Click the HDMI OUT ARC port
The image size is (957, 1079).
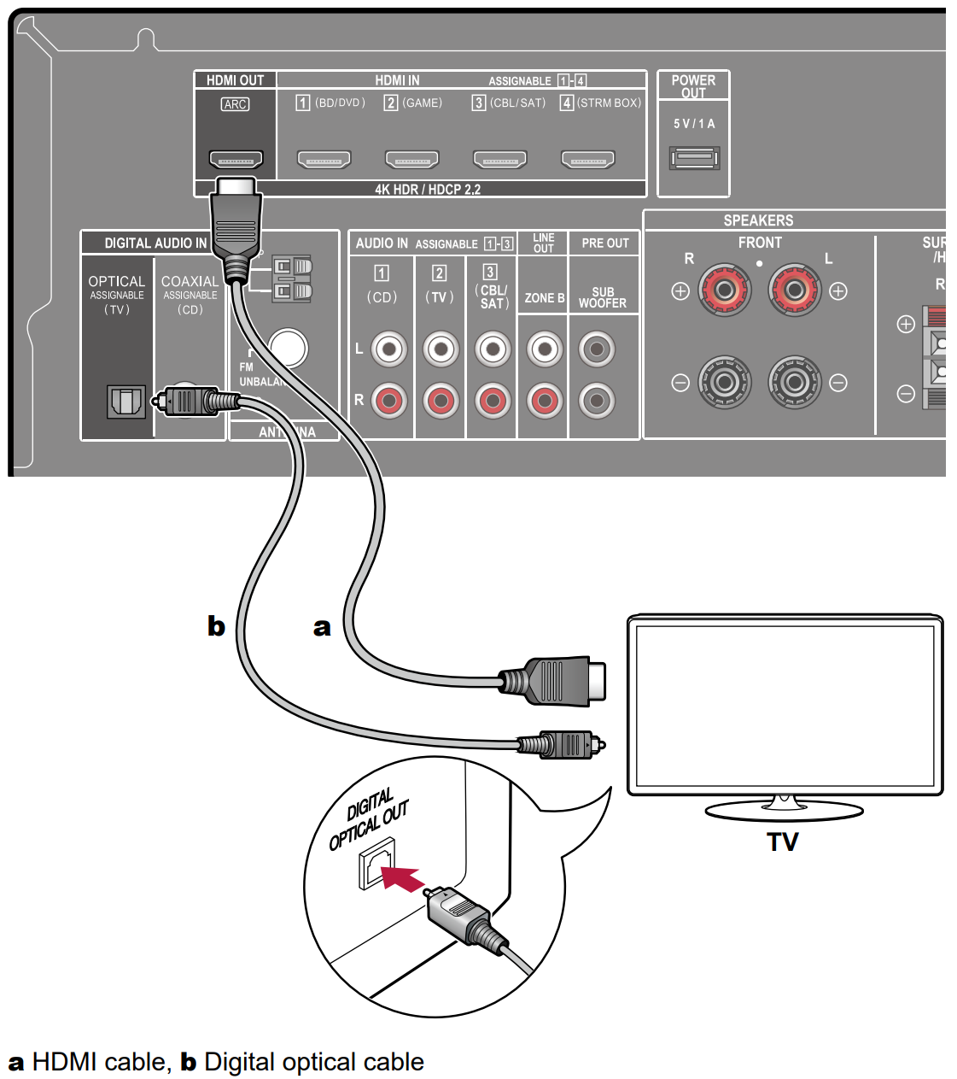pos(236,159)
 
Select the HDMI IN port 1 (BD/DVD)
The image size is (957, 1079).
pos(324,159)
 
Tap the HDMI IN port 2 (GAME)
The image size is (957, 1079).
pos(411,159)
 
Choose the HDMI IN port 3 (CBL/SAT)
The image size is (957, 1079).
pos(499,159)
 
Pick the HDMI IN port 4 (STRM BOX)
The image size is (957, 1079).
pos(587,159)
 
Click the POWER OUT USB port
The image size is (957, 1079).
pos(694,158)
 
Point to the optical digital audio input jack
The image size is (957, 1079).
pos(125,401)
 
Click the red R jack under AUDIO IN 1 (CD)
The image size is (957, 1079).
pos(388,400)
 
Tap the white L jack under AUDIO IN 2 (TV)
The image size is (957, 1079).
pos(441,349)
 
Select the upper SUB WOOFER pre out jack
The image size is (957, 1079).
pos(597,349)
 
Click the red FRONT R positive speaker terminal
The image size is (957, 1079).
pos(724,290)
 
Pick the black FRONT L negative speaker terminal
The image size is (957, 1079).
pos(794,382)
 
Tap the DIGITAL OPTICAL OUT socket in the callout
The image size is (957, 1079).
pos(376,865)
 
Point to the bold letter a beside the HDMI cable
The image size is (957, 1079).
pos(322,627)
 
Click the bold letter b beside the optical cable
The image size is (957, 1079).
pos(216,626)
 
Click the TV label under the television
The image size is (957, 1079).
pos(782,842)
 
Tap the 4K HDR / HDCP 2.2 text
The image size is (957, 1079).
pos(428,190)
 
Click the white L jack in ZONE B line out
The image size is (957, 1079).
pos(544,349)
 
